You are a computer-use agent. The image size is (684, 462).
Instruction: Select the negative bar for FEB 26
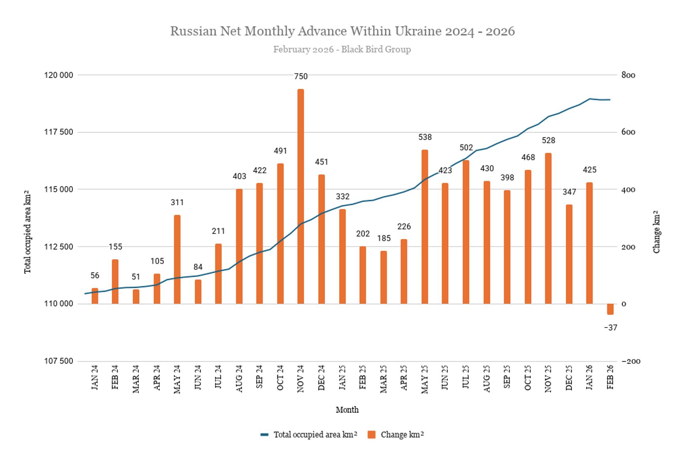click(610, 309)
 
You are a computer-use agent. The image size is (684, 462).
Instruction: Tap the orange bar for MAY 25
click(425, 226)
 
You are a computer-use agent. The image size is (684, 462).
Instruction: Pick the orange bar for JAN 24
click(95, 296)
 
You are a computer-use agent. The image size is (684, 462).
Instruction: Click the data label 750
click(301, 77)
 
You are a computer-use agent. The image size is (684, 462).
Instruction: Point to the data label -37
click(610, 328)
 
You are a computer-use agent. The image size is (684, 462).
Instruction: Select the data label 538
click(425, 137)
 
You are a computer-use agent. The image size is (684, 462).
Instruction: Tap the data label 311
click(177, 202)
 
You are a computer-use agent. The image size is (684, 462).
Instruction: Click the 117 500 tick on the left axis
click(58, 132)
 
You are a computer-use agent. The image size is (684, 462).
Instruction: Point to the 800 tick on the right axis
click(628, 75)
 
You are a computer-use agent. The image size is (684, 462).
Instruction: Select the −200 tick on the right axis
click(631, 361)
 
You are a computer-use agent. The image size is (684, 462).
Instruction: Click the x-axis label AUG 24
click(239, 378)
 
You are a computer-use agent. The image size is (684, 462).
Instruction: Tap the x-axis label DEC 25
click(569, 378)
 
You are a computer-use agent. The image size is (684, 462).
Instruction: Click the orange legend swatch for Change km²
click(371, 435)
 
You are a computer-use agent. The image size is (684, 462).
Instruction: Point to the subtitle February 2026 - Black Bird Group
click(342, 49)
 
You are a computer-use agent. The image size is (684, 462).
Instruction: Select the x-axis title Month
click(347, 410)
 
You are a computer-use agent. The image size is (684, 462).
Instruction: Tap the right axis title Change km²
click(656, 232)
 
